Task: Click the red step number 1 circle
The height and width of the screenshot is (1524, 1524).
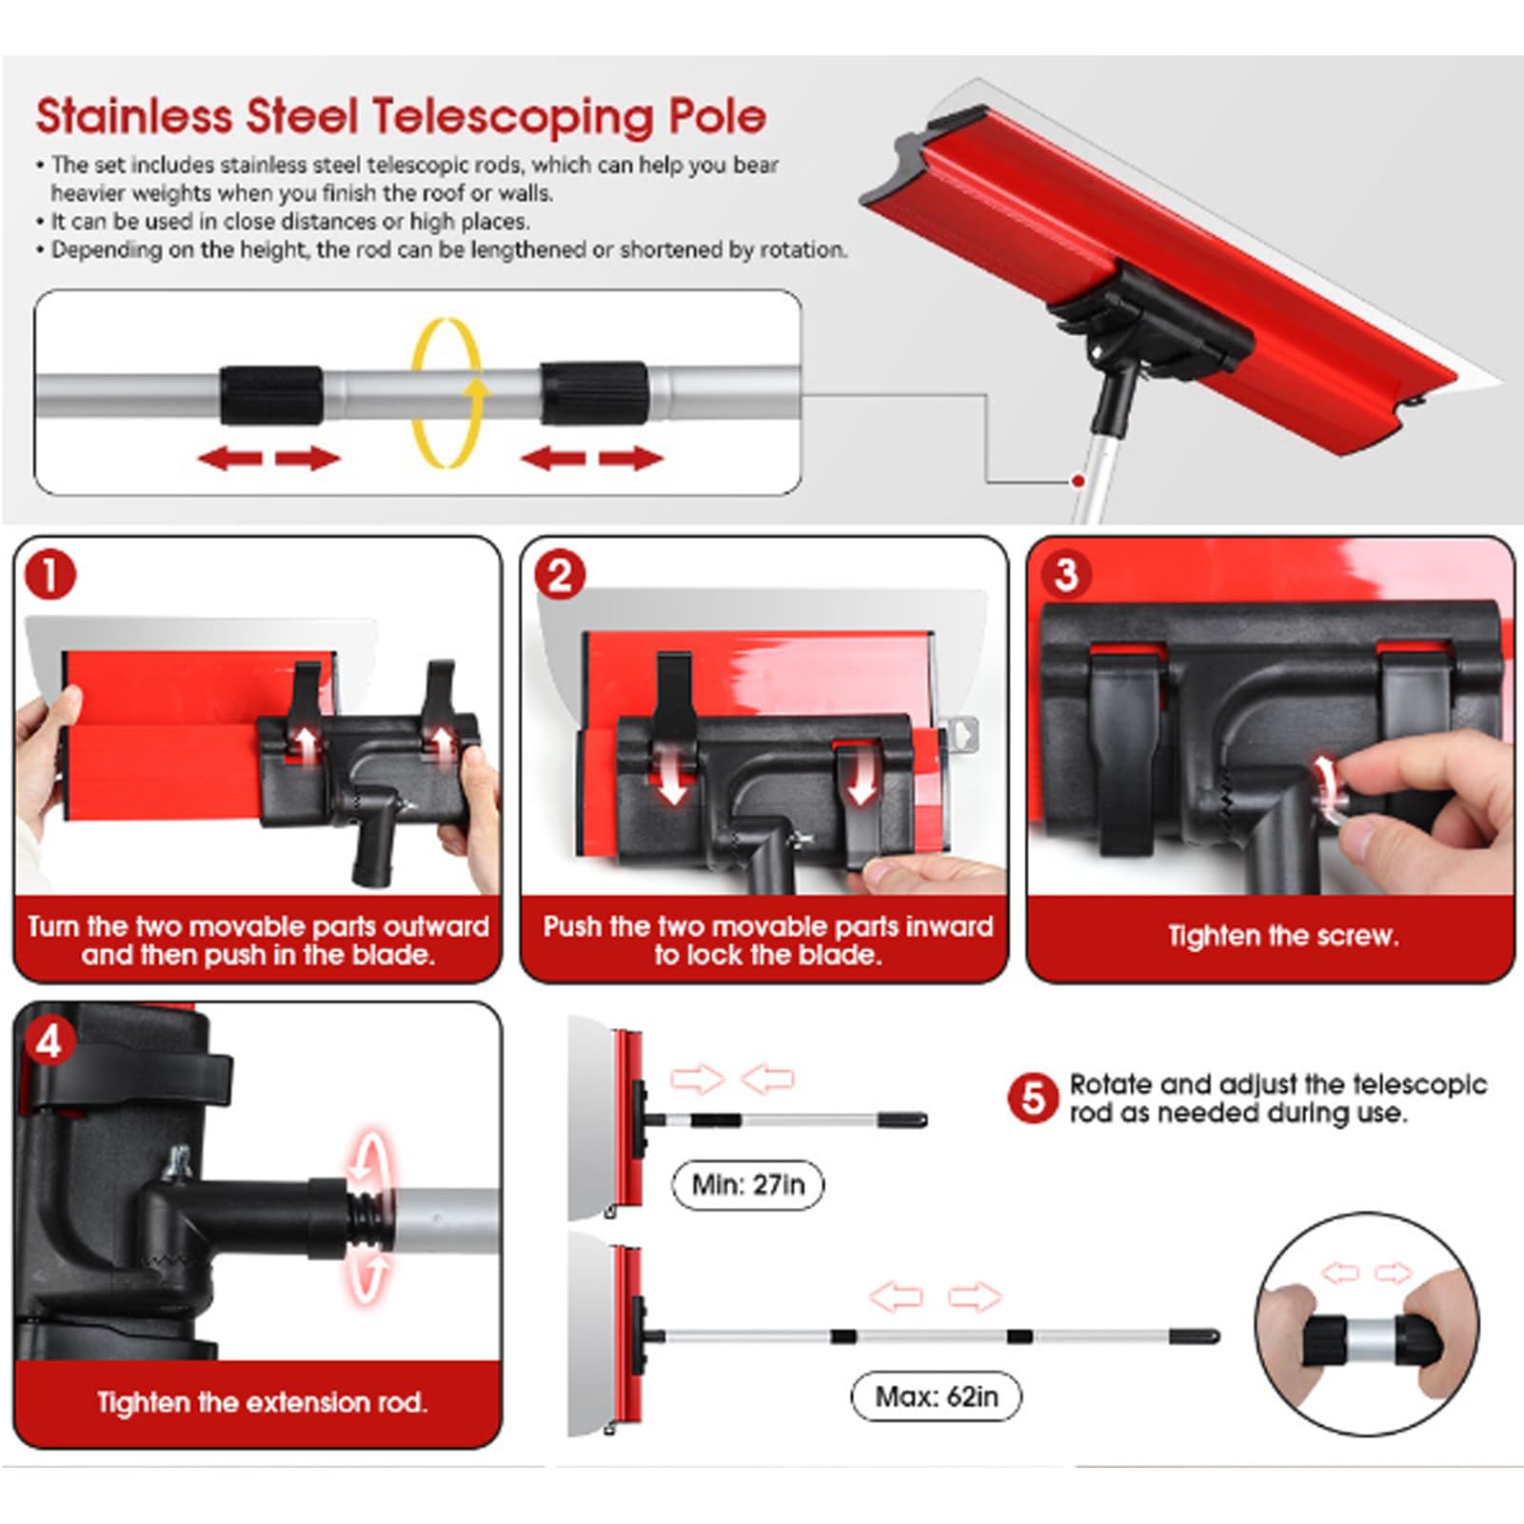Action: (x=49, y=576)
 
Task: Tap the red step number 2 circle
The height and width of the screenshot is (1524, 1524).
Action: (x=560, y=576)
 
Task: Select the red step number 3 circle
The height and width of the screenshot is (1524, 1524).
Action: (x=1066, y=574)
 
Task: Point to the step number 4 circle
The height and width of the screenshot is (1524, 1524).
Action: (x=49, y=1041)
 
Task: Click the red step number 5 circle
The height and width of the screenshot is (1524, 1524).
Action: (x=1033, y=1098)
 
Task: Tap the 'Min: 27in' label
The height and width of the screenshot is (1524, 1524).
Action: (x=747, y=1185)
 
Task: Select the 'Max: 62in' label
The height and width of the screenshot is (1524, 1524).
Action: (x=936, y=1396)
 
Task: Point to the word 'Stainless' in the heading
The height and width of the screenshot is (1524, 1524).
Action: (x=134, y=117)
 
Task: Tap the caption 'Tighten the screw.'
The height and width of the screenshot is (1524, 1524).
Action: (x=1283, y=936)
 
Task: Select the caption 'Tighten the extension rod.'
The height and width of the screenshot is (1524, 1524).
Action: (x=262, y=1402)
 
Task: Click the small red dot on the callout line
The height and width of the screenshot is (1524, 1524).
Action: (x=1079, y=482)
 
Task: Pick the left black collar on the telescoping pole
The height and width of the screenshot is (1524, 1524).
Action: (x=271, y=395)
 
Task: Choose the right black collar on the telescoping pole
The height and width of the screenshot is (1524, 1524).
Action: (x=594, y=393)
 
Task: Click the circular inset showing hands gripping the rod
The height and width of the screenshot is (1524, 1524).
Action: (x=1367, y=1323)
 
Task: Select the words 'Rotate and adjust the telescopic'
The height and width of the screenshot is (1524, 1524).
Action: (x=1278, y=1085)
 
